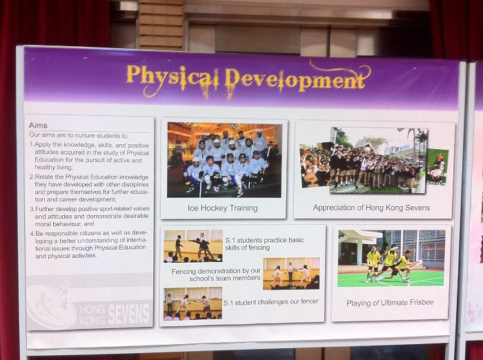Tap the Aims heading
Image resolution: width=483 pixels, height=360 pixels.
point(38,126)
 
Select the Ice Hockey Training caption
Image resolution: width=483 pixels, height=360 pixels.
point(223,208)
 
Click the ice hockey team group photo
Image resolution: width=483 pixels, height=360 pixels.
point(224,160)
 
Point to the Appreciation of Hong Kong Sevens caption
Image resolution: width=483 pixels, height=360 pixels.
point(371,208)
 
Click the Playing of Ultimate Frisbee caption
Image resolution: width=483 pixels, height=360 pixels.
point(390,303)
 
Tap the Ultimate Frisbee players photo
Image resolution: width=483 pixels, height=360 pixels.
point(391,258)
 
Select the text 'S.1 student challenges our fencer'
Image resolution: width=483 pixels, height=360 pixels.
point(271,302)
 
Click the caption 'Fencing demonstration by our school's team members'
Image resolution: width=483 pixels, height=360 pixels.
point(216,274)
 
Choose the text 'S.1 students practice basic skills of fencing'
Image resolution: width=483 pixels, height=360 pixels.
point(264,243)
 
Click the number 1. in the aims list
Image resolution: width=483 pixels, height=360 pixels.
point(32,144)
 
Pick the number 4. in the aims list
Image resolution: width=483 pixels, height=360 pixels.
point(32,233)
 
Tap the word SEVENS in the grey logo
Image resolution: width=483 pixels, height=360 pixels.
point(129,314)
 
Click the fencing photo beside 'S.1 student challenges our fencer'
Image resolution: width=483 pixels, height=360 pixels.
point(193,303)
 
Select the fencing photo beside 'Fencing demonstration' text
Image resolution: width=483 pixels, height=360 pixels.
point(291,274)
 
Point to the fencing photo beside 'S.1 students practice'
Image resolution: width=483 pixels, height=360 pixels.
point(193,246)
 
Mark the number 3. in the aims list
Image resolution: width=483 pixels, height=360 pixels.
point(32,209)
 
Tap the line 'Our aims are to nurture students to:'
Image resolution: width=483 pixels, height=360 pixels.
point(79,135)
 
